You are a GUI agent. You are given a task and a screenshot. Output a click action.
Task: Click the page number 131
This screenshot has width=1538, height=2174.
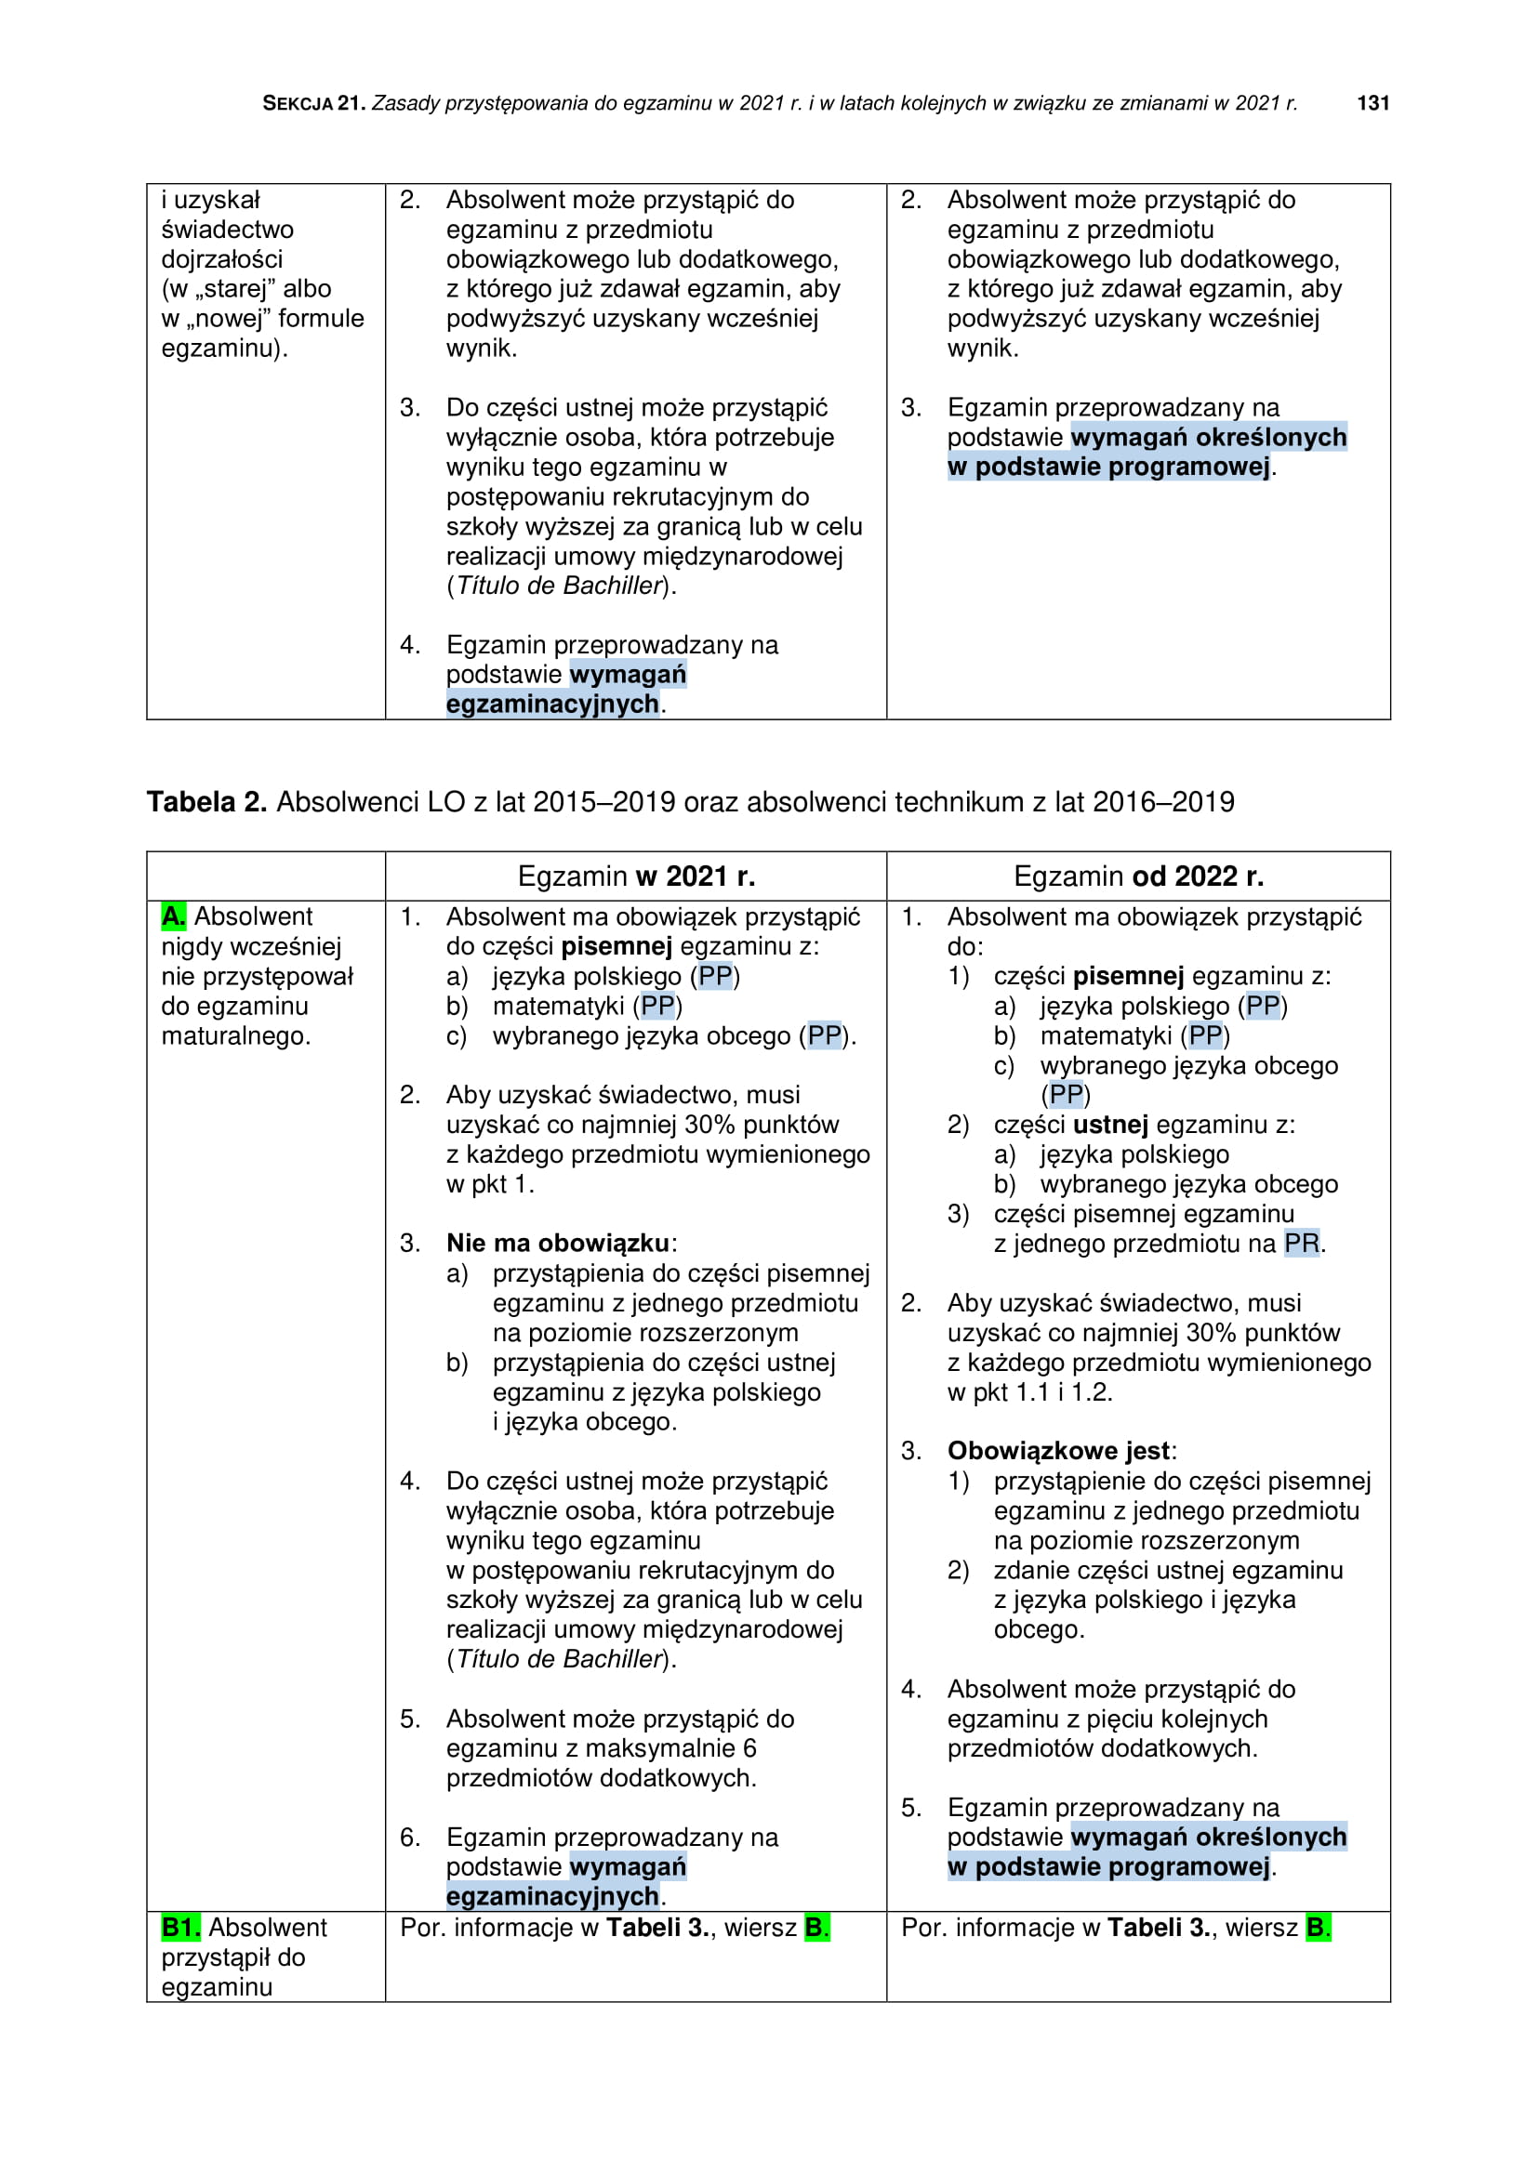(x=1372, y=103)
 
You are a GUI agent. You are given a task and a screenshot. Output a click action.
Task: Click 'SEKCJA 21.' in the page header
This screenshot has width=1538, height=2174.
(x=313, y=103)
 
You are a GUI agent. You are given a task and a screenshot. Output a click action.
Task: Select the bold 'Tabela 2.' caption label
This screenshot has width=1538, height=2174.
(x=206, y=802)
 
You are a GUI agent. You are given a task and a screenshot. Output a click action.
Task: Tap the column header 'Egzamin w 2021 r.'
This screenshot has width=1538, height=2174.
(x=635, y=876)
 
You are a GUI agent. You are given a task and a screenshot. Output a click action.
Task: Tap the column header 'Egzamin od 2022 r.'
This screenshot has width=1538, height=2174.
(x=1138, y=876)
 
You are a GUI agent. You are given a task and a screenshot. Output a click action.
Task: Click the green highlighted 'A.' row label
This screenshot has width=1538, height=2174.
(x=173, y=916)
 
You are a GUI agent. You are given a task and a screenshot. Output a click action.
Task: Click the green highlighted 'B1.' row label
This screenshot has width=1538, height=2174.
(x=181, y=1927)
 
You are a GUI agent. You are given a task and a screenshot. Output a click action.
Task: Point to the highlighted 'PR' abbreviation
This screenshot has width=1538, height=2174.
(x=1301, y=1244)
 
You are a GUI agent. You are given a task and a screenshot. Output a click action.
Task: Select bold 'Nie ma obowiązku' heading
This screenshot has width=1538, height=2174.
(x=558, y=1244)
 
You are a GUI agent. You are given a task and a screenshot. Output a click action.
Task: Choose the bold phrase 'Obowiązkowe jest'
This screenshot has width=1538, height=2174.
(x=1058, y=1451)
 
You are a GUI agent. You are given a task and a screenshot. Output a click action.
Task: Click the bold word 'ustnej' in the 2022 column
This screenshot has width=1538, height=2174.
(x=1110, y=1125)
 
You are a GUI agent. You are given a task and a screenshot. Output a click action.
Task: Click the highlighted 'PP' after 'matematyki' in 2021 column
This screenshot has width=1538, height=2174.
(x=657, y=1006)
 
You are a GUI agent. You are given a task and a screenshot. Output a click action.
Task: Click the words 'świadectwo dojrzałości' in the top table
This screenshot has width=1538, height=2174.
(x=227, y=244)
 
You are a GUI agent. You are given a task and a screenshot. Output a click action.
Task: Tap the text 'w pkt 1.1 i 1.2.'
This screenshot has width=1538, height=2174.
(x=1029, y=1392)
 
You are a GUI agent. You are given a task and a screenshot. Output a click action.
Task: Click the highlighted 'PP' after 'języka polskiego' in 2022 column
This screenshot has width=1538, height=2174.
(x=1263, y=1006)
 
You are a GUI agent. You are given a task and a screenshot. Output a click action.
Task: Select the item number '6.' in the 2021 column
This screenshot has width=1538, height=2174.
(x=410, y=1837)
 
